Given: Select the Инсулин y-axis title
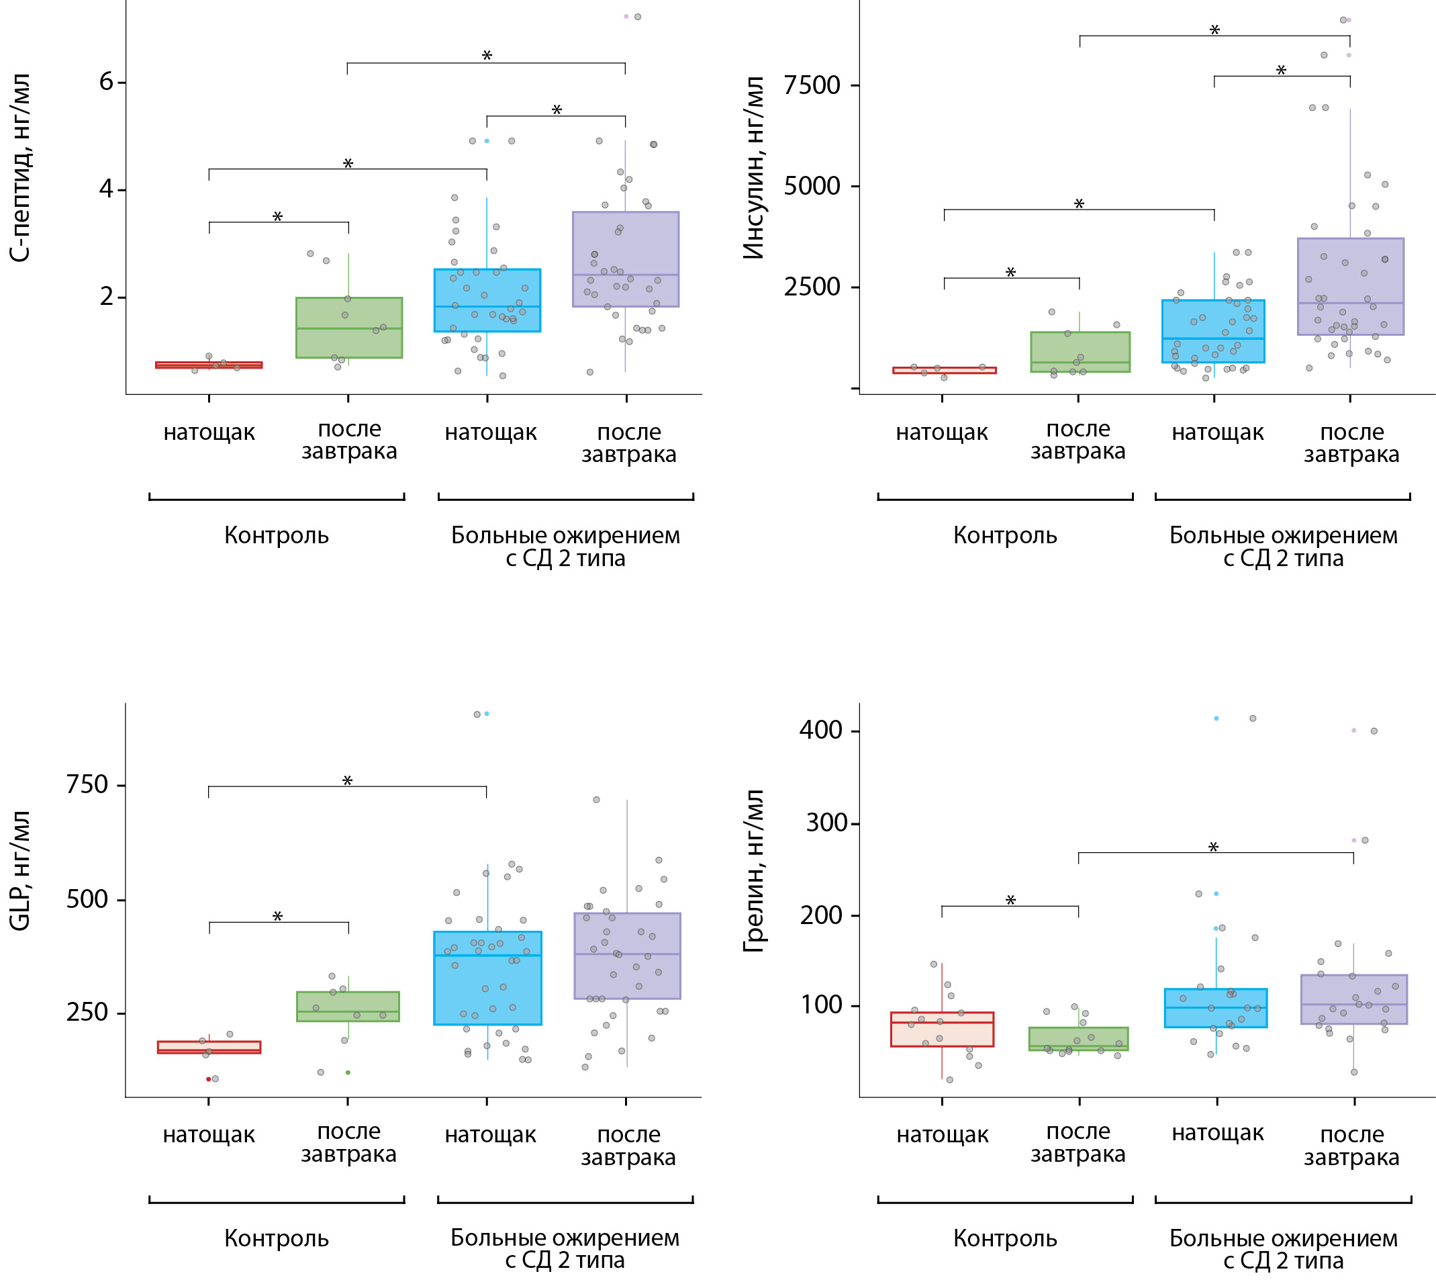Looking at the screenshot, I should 755,168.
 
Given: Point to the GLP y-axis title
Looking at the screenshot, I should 19,870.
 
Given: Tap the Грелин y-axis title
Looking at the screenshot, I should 755,870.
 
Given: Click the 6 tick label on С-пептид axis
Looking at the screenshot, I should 106,82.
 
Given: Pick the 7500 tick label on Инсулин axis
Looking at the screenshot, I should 812,85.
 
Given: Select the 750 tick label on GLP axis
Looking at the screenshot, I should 87,784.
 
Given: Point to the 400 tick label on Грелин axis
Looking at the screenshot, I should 820,730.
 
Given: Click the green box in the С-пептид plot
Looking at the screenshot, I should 349,328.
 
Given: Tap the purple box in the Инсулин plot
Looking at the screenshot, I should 1350,286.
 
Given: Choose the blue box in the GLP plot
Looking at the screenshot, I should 487,978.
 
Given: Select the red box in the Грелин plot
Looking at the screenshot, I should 942,1029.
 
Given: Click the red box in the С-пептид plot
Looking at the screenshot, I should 208,365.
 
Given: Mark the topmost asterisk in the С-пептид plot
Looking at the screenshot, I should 487,55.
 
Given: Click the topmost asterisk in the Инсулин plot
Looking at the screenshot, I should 1214,30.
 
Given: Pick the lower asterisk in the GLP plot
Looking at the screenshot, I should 277,917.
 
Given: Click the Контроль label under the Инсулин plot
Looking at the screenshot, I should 1004,536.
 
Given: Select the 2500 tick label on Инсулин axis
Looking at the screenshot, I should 812,287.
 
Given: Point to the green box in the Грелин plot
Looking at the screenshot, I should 1078,1039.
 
